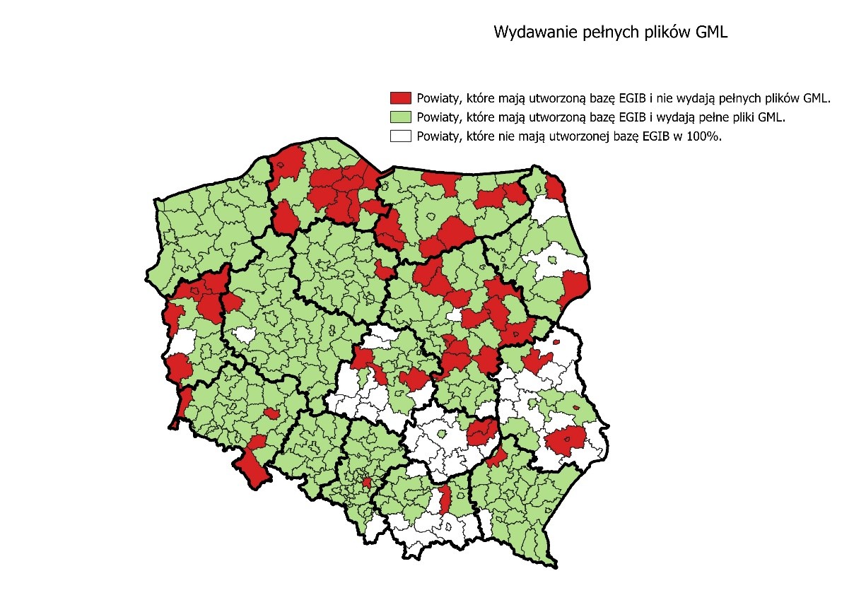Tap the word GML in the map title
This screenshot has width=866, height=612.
click(712, 33)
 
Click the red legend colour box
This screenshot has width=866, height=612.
click(401, 98)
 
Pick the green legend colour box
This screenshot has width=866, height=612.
click(401, 117)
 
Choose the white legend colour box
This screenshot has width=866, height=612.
click(401, 137)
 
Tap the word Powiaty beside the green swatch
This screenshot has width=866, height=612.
click(437, 117)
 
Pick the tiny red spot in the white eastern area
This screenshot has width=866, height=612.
click(557, 343)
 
